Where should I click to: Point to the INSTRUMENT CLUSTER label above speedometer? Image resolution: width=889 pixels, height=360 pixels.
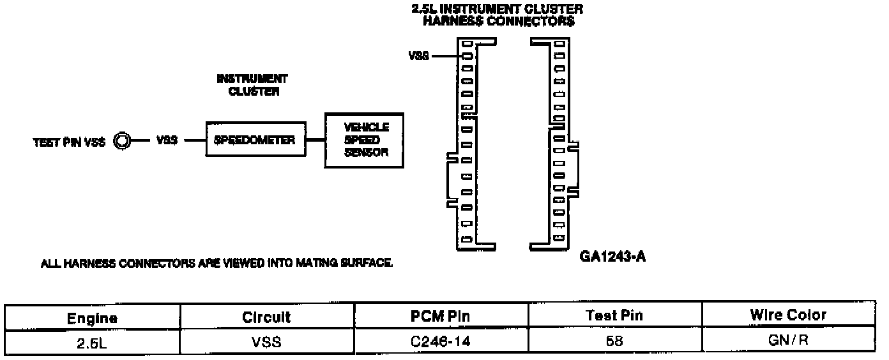coord(252,85)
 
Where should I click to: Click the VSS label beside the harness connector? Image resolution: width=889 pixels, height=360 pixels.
coord(419,56)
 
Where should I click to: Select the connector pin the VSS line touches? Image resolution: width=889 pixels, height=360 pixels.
coord(466,56)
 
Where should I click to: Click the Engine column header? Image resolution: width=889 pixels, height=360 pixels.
coord(93,317)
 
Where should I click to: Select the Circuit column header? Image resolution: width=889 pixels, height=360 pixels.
coord(267,317)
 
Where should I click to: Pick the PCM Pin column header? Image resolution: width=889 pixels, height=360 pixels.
coord(441,317)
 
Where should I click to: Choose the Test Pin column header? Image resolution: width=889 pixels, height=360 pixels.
coord(614,316)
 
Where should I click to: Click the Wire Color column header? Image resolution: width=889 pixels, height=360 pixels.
coord(788,315)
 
